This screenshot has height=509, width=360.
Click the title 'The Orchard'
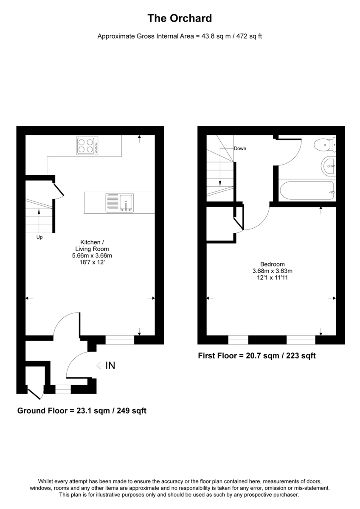[180, 19]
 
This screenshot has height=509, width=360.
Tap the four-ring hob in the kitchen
[87, 145]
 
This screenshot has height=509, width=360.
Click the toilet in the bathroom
[325, 145]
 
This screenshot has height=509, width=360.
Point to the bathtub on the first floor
[307, 190]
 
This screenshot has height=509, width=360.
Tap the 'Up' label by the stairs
[39, 238]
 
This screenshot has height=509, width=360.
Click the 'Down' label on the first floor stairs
[240, 148]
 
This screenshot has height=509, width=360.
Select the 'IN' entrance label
[110, 365]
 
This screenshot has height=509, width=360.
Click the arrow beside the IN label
[100, 365]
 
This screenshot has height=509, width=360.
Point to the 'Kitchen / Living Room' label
[92, 246]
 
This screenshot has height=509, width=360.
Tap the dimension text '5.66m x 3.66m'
[92, 256]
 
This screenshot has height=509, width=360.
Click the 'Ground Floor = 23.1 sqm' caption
[82, 411]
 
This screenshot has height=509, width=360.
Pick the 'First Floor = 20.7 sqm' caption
[257, 356]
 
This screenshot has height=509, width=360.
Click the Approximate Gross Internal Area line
[180, 36]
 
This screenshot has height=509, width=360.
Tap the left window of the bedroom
[238, 339]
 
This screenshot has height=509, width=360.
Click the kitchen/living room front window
[119, 340]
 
